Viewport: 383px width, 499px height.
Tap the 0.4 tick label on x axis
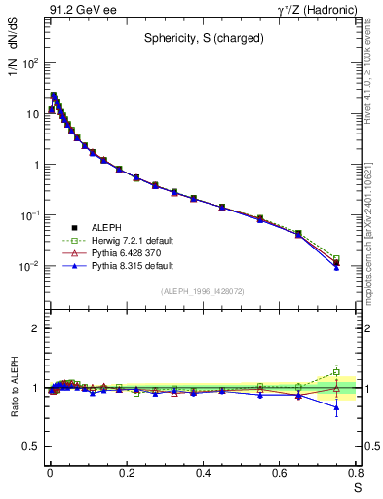click(x=203, y=475)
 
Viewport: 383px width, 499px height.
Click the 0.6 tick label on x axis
click(x=280, y=475)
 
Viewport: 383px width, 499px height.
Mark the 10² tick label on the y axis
click(x=30, y=63)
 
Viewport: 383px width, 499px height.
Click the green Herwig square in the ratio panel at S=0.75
click(x=336, y=372)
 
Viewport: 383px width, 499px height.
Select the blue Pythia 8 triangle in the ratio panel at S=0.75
click(x=336, y=408)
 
